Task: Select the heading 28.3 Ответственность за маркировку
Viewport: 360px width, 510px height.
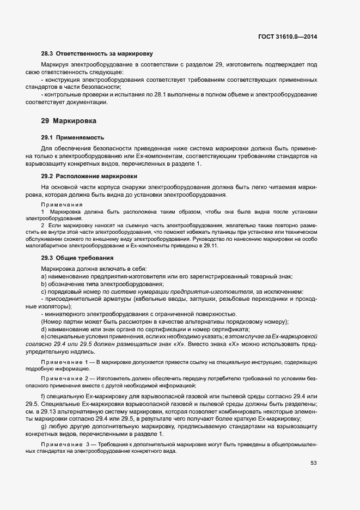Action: click(x=96, y=54)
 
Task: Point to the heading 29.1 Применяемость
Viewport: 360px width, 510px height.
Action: click(x=72, y=137)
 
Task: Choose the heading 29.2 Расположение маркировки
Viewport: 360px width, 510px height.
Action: click(x=89, y=176)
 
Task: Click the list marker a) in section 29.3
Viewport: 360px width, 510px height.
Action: click(x=44, y=277)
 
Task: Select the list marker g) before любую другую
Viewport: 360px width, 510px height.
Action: click(x=44, y=426)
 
